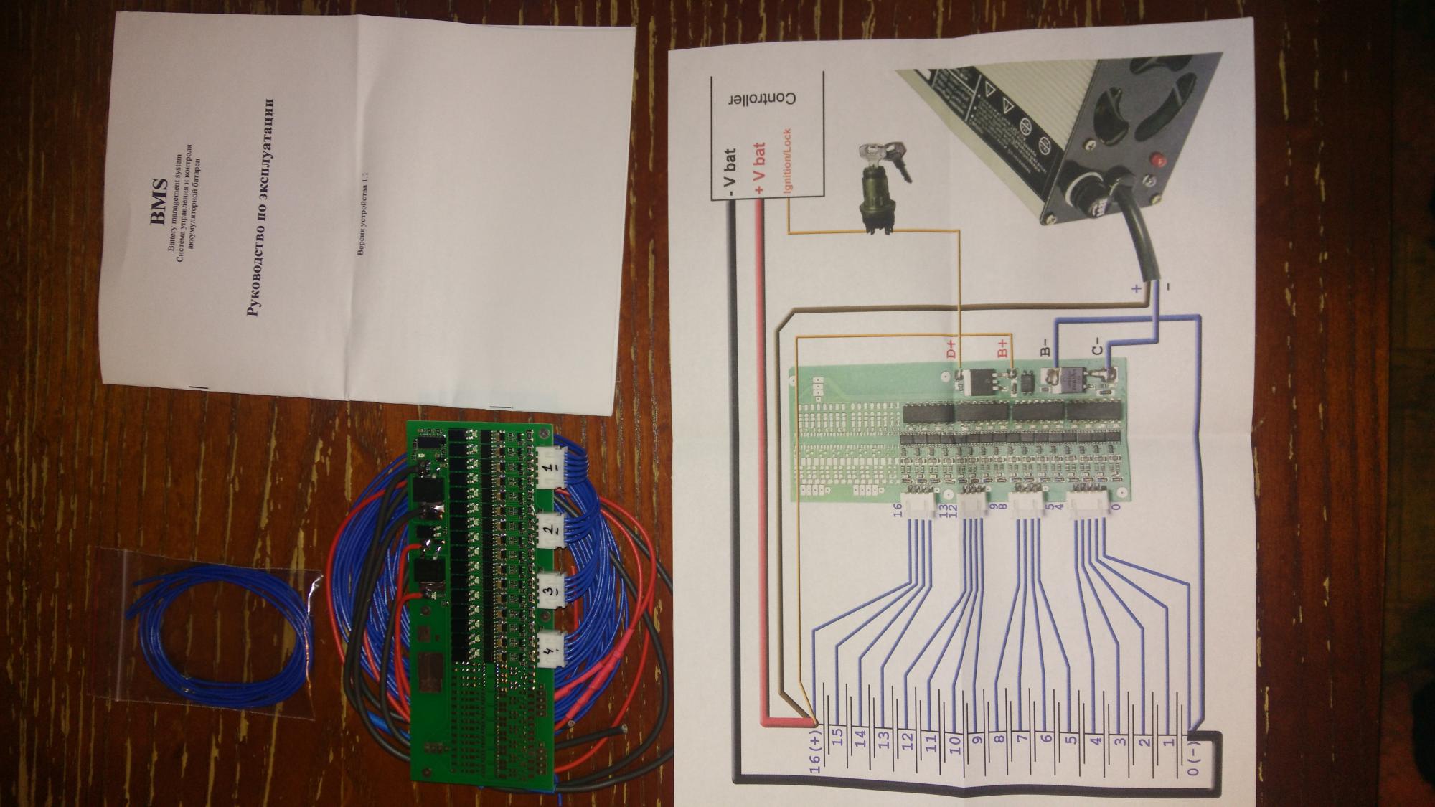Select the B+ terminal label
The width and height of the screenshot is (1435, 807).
click(x=1002, y=349)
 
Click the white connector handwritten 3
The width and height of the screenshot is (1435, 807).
click(x=549, y=592)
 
